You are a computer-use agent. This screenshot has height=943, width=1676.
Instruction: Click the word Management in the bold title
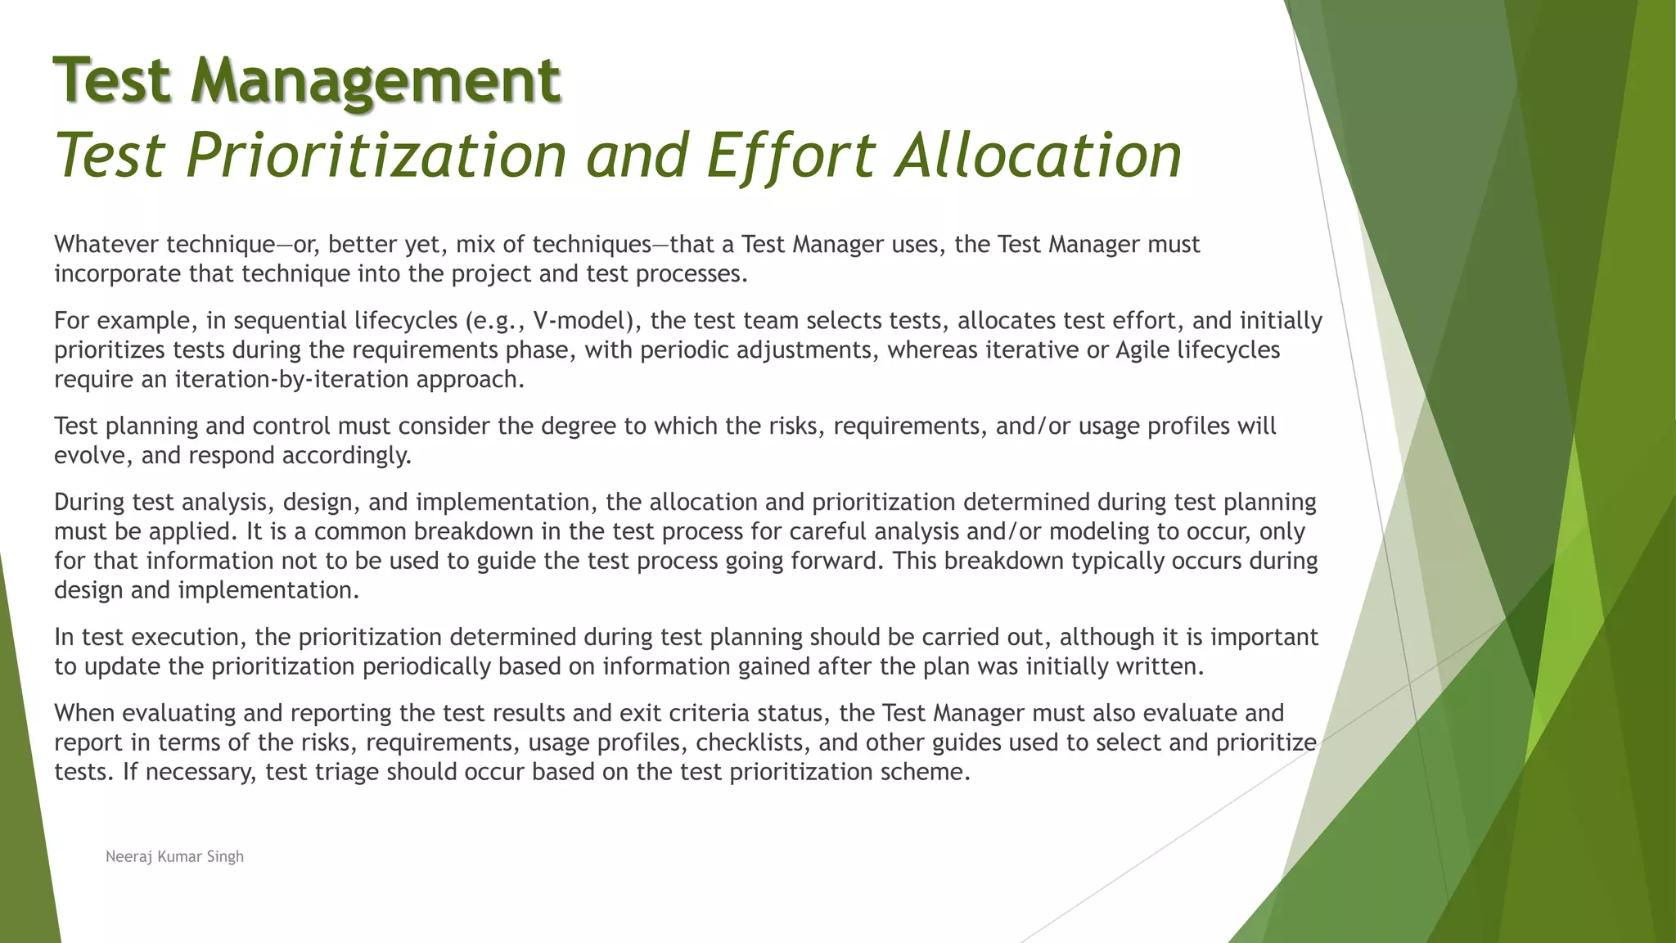pyautogui.click(x=376, y=80)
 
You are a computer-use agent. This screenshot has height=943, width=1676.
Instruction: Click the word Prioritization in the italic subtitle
pyautogui.click(x=376, y=156)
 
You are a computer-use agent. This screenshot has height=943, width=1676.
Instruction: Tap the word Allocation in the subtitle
pyautogui.click(x=1038, y=156)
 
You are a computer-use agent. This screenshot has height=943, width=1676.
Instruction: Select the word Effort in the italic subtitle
pyautogui.click(x=791, y=156)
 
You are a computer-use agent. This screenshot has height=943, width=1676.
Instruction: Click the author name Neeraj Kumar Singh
pyautogui.click(x=174, y=856)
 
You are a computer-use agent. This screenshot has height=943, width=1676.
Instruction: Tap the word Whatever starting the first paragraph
pyautogui.click(x=106, y=244)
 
